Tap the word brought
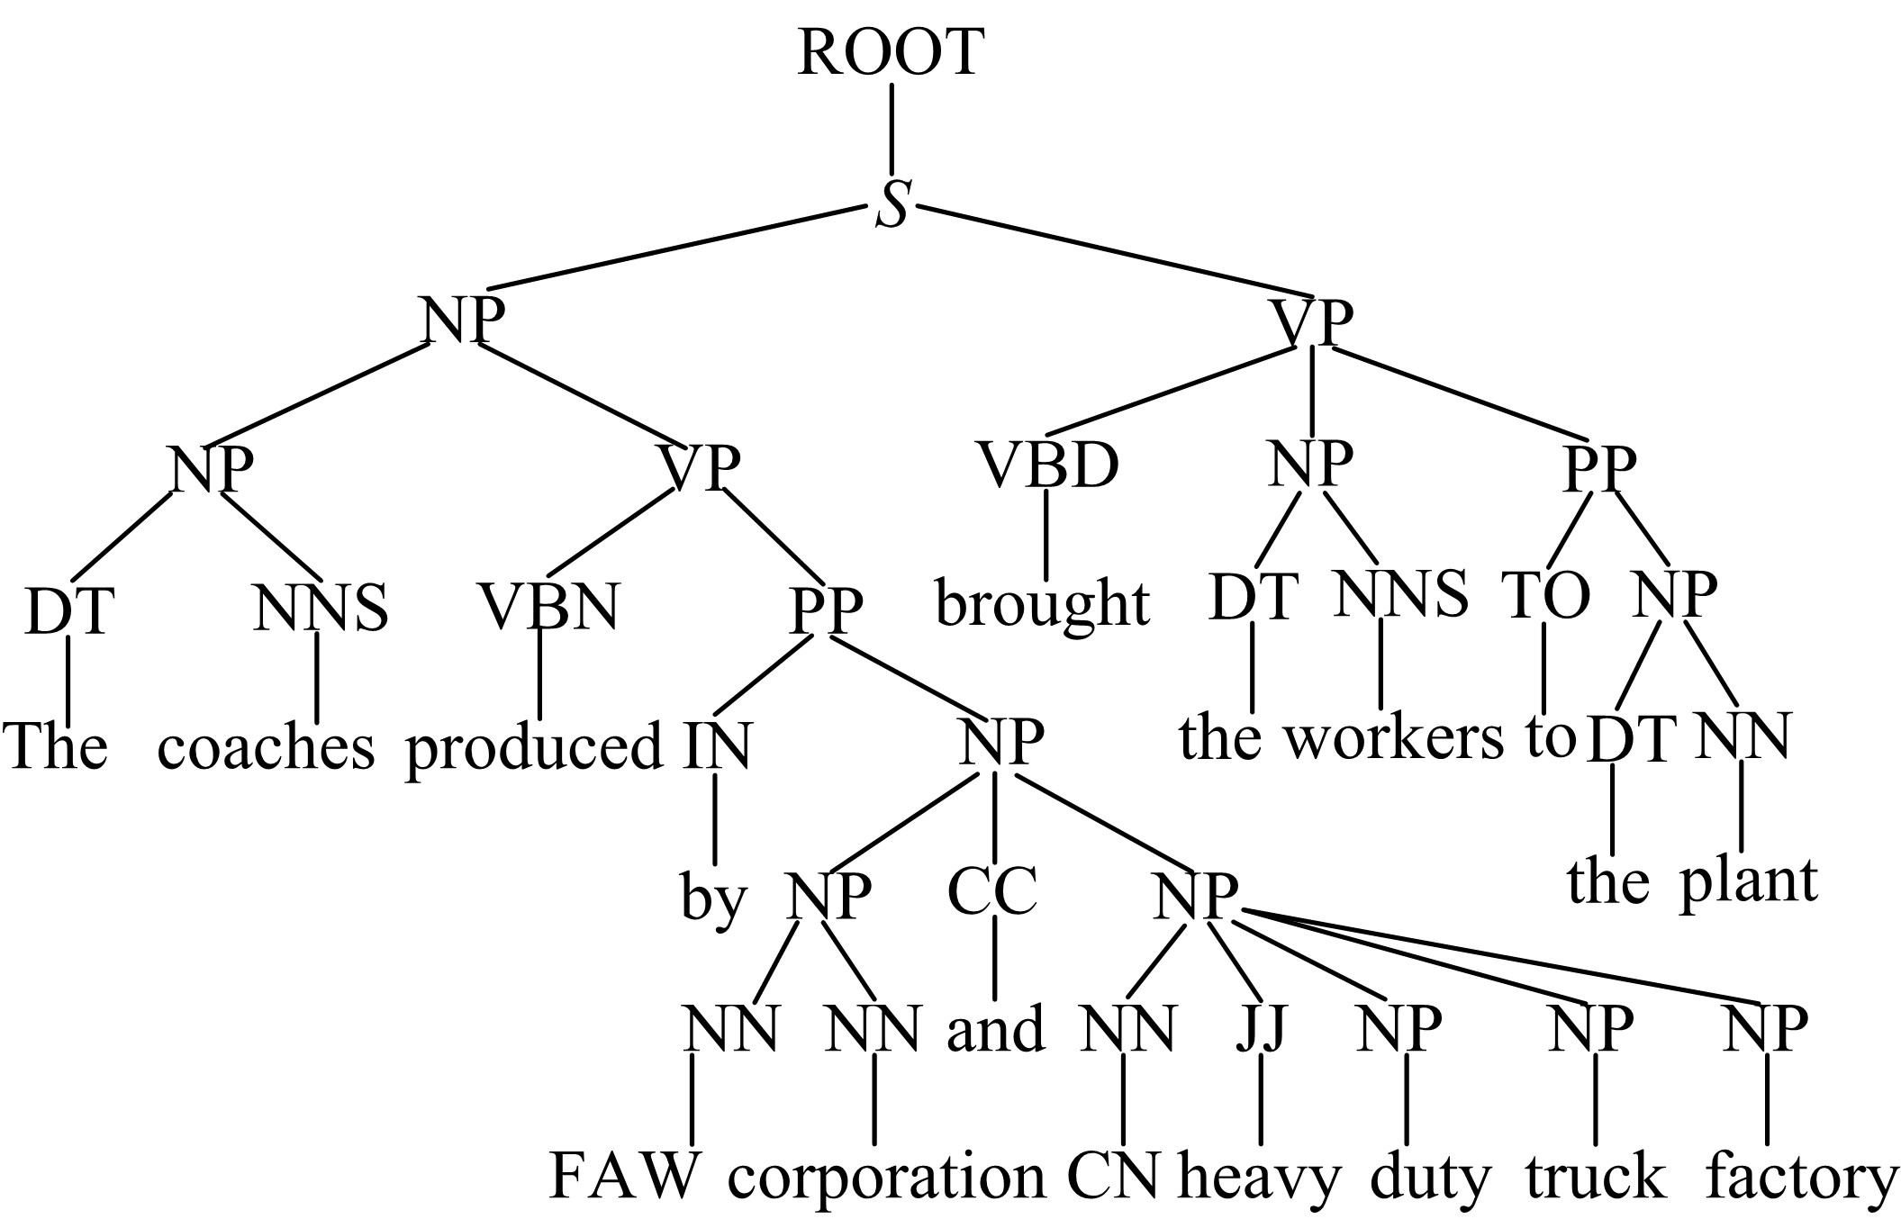pyautogui.click(x=1042, y=604)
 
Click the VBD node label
pyautogui.click(x=1048, y=466)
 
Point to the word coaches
pyautogui.click(x=266, y=748)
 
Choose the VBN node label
pyautogui.click(x=548, y=607)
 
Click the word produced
pyautogui.click(x=534, y=748)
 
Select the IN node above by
pyautogui.click(x=716, y=746)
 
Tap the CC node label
pyautogui.click(x=992, y=890)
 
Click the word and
pyautogui.click(x=995, y=1029)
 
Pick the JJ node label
pyautogui.click(x=1260, y=1028)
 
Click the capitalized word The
pyautogui.click(x=56, y=746)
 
